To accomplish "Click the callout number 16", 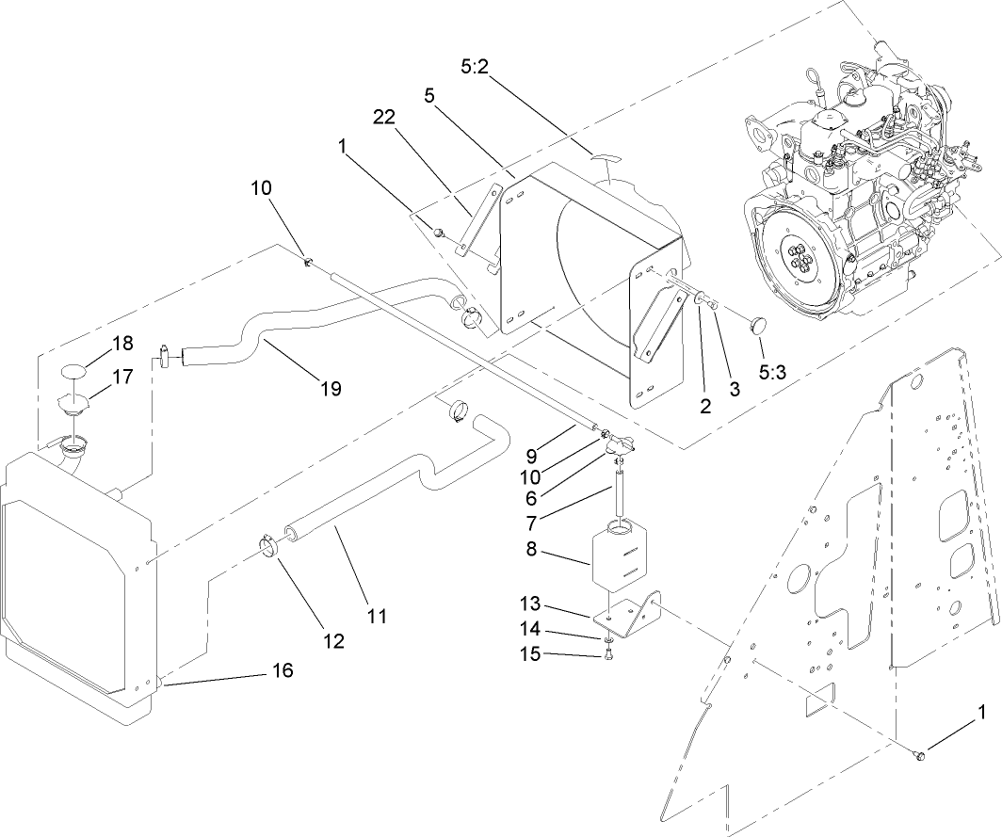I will [x=282, y=670].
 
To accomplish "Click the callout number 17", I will [x=123, y=376].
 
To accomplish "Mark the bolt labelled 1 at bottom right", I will [x=920, y=754].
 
